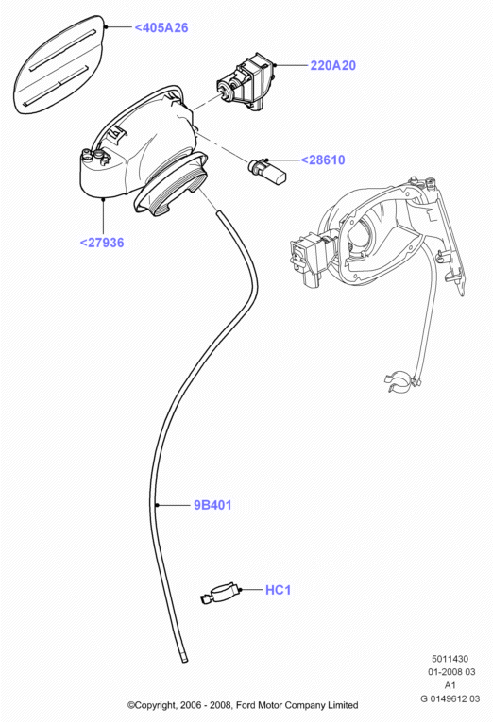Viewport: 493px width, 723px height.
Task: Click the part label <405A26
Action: pos(161,27)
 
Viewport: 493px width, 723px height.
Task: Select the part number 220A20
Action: pos(333,65)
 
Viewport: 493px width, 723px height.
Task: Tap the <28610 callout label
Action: pos(323,160)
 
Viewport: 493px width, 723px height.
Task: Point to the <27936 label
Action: pos(102,243)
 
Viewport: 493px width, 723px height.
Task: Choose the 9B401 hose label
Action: pos(212,505)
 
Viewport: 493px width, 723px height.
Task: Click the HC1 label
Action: pos(278,590)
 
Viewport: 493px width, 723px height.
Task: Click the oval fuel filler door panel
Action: pos(59,64)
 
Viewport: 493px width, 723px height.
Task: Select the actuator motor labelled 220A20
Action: pos(246,82)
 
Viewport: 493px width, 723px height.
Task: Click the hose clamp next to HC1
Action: pos(221,594)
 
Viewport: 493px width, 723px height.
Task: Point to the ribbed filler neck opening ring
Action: pos(172,184)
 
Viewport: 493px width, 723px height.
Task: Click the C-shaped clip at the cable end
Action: pos(398,380)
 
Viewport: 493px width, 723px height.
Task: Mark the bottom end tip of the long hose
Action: pos(184,661)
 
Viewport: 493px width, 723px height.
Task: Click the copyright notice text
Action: pos(243,705)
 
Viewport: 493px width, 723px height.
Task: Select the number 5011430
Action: pos(450,659)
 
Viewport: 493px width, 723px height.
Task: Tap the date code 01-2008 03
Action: pos(451,672)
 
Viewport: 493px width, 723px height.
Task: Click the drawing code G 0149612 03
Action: pos(450,698)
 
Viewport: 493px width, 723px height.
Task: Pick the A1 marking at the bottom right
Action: pos(450,685)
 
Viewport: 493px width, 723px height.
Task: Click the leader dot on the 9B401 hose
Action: pos(158,505)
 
